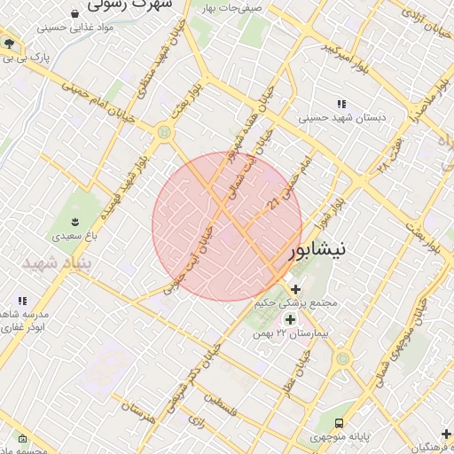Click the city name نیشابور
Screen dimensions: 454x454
[x=331, y=249]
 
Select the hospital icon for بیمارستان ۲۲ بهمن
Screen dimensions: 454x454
[x=290, y=318]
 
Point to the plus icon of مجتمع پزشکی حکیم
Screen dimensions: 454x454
[x=295, y=289]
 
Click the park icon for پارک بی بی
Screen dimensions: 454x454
[x=9, y=43]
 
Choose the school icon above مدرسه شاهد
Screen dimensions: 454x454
[x=22, y=300]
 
